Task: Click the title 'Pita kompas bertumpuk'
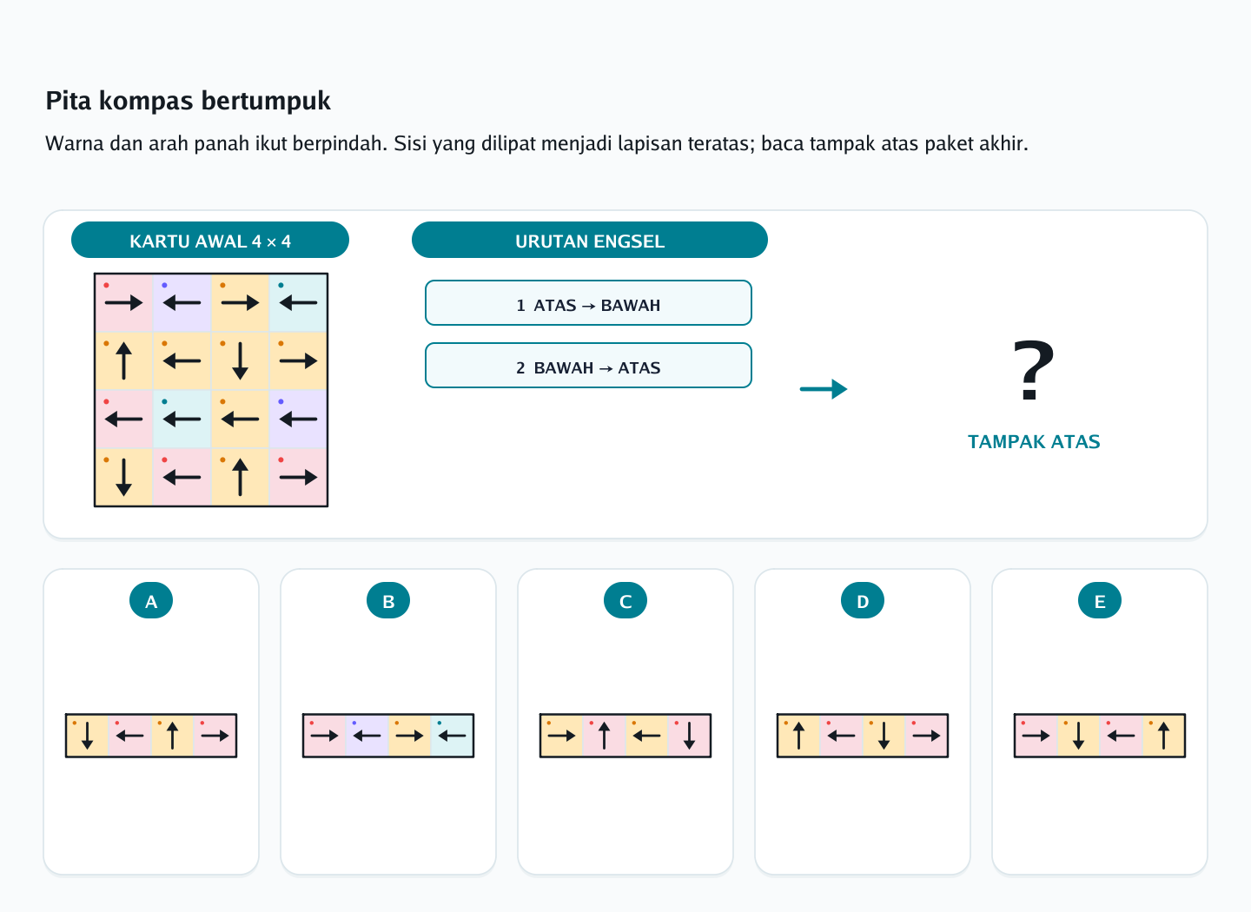[x=188, y=101]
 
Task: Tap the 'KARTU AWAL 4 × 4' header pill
[x=210, y=240]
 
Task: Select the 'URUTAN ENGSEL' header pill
[x=590, y=240]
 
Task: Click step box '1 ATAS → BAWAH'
[x=588, y=302]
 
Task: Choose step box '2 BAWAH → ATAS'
[x=588, y=366]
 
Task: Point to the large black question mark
[x=1033, y=370]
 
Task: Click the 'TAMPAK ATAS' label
[x=1034, y=442]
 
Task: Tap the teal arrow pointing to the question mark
[x=824, y=389]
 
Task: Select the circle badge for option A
[x=151, y=601]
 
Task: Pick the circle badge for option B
[x=388, y=601]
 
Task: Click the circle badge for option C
[x=625, y=601]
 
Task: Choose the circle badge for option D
[x=863, y=601]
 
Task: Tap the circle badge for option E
[x=1100, y=601]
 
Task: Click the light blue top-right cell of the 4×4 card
[x=298, y=302]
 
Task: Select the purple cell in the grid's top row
[x=182, y=302]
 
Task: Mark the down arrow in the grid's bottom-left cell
[x=123, y=478]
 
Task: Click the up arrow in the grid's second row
[x=123, y=360]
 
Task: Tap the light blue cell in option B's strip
[x=452, y=736]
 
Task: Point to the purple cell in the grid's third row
[x=298, y=419]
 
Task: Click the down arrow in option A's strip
[x=87, y=736]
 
